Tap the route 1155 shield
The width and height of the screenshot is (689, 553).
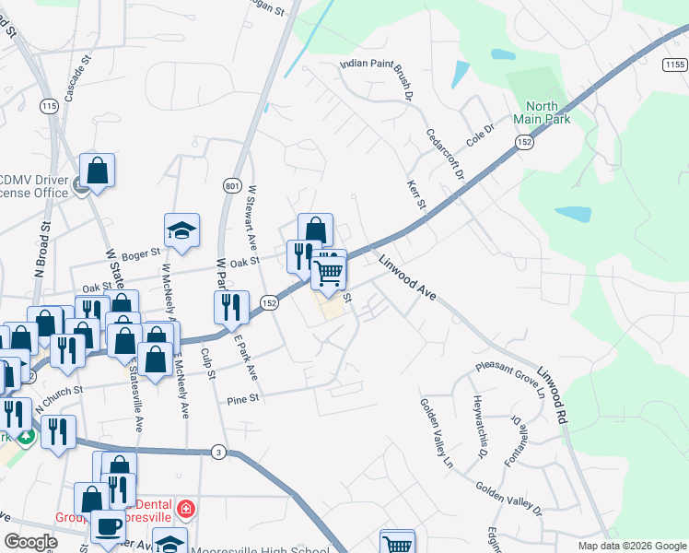[x=673, y=65]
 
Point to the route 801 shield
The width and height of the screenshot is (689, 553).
[x=231, y=187]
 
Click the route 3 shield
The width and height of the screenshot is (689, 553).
[x=217, y=451]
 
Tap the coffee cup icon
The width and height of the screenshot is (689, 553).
[x=108, y=526]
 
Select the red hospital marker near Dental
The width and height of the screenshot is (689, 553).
[x=186, y=509]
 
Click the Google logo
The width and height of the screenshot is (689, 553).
[x=30, y=542]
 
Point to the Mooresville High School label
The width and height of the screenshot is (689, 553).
[x=260, y=551]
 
